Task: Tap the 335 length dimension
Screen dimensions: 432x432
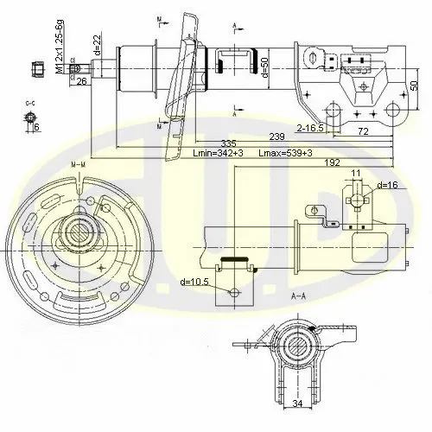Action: pos(227,143)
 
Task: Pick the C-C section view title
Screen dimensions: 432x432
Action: pos(30,103)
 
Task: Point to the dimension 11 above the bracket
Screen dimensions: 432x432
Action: pos(356,184)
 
